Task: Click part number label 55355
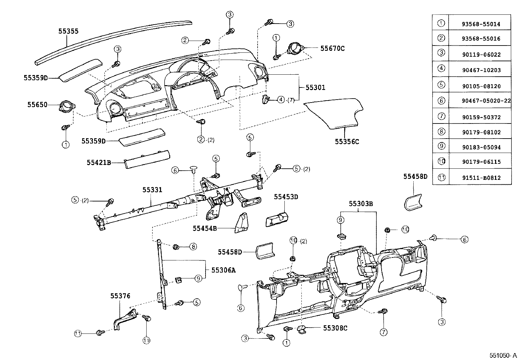[68, 31]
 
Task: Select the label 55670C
[332, 48]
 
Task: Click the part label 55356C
[347, 142]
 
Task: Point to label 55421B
[99, 162]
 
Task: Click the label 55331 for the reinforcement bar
[152, 190]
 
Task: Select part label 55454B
[205, 228]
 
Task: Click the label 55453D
[286, 197]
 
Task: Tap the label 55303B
[361, 204]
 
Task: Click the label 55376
[120, 296]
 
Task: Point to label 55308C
[335, 328]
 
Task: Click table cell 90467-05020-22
[479, 101]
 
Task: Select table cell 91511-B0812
[479, 178]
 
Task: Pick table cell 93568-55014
[479, 24]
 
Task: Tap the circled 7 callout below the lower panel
[383, 332]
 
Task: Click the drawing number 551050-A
[503, 355]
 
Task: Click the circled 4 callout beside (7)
[281, 100]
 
